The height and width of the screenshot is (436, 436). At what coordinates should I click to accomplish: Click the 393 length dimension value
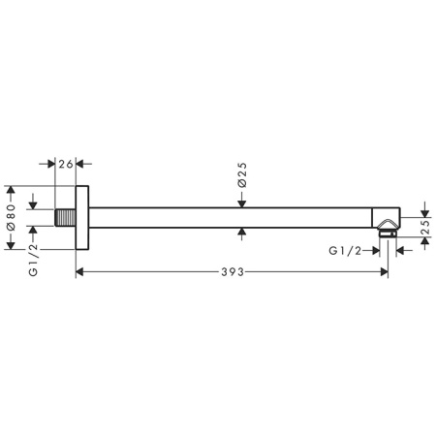click(230, 273)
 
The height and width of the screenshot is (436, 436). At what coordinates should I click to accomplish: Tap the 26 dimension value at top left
click(66, 164)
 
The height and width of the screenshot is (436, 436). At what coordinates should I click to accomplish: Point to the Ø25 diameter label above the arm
click(242, 175)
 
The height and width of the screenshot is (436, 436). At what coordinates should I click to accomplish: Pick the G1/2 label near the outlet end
click(347, 251)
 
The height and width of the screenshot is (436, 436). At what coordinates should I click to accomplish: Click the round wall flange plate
click(83, 217)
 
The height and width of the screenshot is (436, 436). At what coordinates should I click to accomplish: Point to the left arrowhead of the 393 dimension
click(80, 273)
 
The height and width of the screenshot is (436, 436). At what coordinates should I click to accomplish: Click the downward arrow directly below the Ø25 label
click(242, 202)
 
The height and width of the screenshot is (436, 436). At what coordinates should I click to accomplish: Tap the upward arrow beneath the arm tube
click(242, 233)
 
